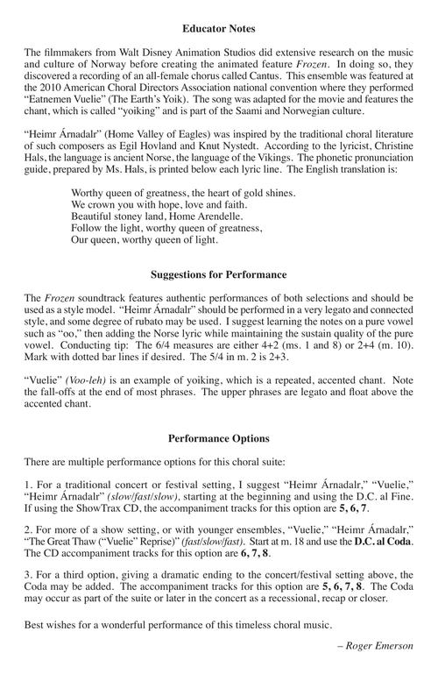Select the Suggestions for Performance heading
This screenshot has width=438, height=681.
[219, 274]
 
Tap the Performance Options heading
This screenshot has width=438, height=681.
[219, 437]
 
